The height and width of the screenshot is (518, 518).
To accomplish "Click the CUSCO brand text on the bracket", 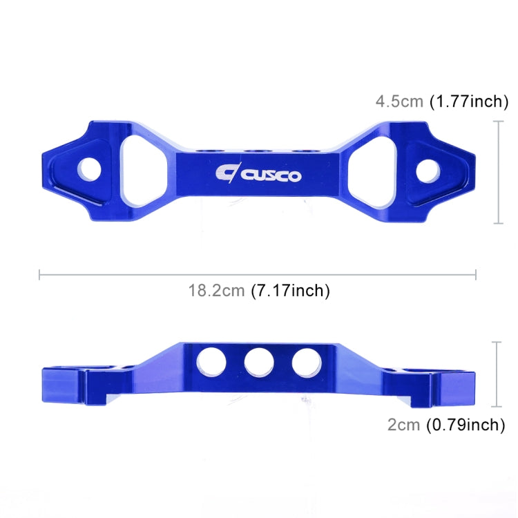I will (271, 175).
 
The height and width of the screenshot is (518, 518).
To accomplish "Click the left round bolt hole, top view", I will (88, 169).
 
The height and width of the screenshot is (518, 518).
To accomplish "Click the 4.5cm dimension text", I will (399, 102).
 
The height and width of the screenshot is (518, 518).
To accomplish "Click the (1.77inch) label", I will (470, 102).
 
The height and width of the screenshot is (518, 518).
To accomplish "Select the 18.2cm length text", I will (218, 291).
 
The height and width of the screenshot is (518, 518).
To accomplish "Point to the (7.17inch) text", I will (291, 291).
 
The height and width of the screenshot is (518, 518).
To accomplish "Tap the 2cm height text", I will (403, 425).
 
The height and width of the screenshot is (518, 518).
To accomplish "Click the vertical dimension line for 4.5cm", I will (498, 172).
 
